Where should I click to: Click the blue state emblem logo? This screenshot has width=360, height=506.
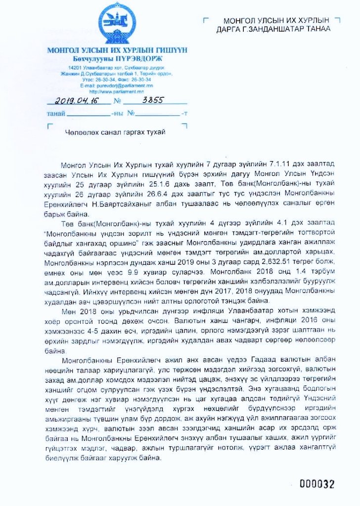point(117,25)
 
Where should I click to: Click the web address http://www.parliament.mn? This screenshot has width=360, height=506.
point(117,91)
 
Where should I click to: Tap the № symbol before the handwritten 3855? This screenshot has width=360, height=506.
point(117,102)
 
